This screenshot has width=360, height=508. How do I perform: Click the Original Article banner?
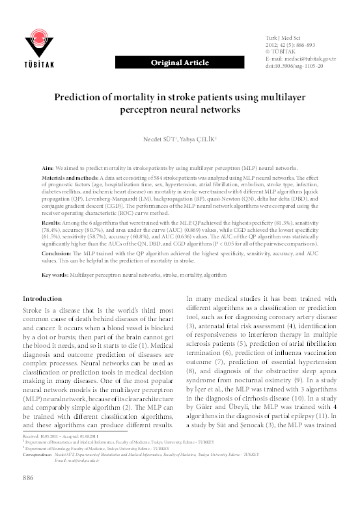tap(180, 63)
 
